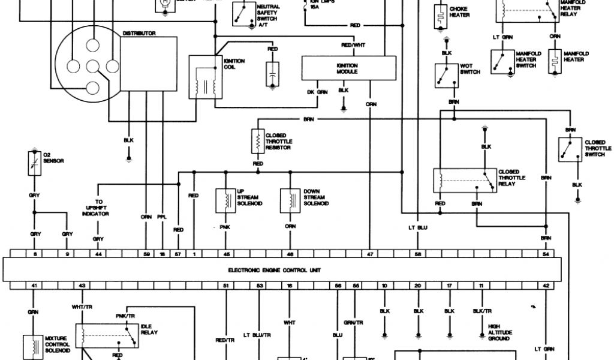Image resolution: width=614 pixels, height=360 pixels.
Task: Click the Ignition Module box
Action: click(348, 68)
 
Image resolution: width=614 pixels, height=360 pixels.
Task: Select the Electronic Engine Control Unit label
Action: click(274, 271)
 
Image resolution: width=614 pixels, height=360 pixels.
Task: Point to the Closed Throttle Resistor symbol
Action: click(258, 141)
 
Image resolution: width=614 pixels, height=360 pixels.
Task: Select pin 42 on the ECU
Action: click(546, 286)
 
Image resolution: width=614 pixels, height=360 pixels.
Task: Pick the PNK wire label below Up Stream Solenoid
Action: click(224, 227)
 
